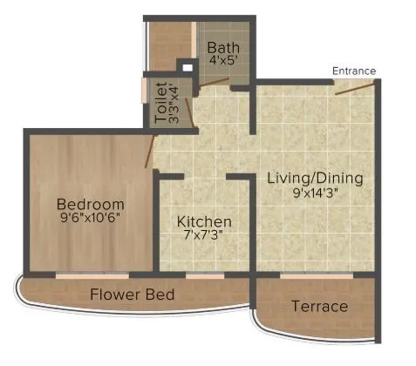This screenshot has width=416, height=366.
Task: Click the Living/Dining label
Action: (315, 179)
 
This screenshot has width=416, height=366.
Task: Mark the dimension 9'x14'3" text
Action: (315, 193)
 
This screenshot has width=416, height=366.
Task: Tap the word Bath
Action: (221, 48)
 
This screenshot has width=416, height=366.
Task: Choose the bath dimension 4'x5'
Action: (221, 62)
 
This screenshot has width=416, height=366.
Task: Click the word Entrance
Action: (354, 71)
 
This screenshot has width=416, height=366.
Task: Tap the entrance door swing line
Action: (355, 87)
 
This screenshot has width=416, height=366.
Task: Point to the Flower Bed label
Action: (133, 295)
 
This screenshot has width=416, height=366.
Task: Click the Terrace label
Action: (319, 307)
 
